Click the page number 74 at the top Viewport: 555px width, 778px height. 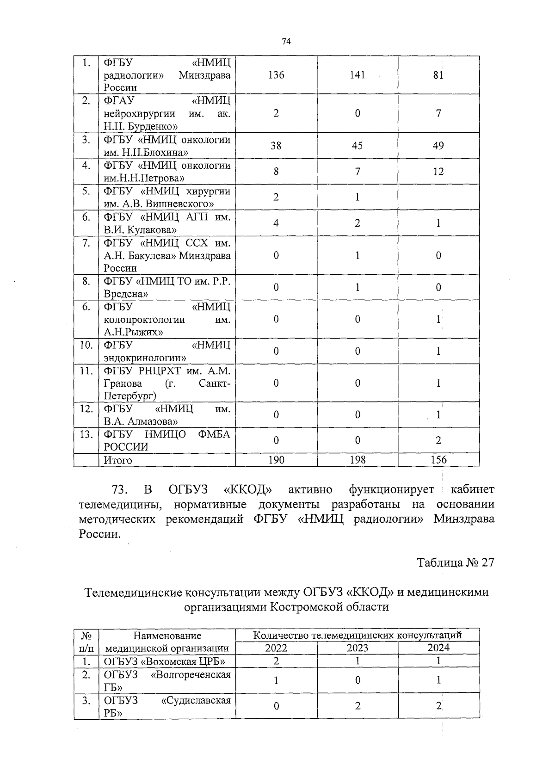(286, 42)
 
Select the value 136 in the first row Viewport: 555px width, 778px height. (276, 75)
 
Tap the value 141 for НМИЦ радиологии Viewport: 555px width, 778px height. (357, 75)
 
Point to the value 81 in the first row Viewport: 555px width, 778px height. (438, 75)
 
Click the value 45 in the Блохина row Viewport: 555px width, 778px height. (357, 146)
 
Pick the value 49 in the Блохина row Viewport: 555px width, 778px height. (438, 146)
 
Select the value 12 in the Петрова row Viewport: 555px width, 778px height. (438, 172)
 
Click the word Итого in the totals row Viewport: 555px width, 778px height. (118, 460)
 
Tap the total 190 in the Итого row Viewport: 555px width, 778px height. (276, 460)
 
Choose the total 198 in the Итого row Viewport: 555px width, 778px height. (357, 460)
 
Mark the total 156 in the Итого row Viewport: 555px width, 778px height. (438, 460)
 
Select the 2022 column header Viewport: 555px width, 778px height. (276, 648)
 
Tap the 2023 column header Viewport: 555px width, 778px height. (358, 648)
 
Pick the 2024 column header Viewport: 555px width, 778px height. (438, 648)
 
